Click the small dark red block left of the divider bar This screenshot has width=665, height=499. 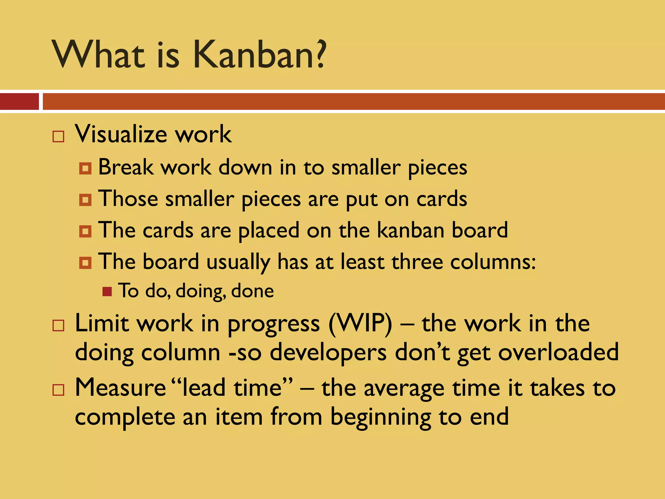19,102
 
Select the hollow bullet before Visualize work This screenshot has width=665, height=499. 58,136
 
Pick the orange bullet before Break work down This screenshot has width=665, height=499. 85,168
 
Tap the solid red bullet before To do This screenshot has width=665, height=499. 107,291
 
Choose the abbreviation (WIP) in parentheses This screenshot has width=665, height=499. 360,324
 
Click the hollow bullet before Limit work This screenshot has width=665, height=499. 58,325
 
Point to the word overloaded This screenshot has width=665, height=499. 558,352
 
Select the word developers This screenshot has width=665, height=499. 328,353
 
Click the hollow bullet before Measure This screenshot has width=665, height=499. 58,390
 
